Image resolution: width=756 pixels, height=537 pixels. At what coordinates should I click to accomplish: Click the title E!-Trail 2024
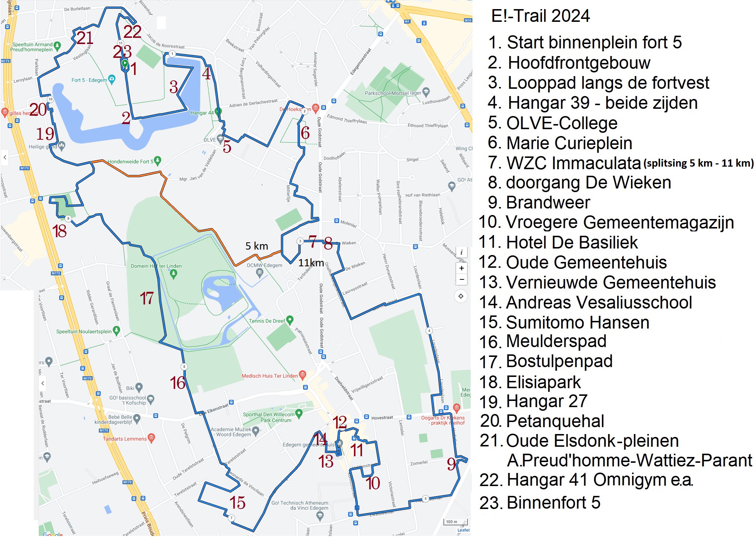tap(540, 16)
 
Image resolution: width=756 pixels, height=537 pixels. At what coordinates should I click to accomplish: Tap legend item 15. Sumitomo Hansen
tap(564, 323)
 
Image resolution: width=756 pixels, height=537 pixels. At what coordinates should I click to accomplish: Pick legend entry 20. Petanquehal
tap(542, 421)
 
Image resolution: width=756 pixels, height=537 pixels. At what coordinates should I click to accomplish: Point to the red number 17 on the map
tap(147, 298)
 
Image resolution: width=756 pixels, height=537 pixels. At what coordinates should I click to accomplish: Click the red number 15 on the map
tap(237, 503)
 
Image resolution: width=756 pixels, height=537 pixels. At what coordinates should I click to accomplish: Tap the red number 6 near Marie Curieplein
tap(305, 133)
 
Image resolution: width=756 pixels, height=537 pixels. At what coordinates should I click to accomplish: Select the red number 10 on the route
tap(373, 483)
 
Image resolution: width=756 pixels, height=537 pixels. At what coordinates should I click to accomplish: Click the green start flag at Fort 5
tap(125, 63)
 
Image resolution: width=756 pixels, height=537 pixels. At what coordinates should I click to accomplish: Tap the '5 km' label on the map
tap(257, 246)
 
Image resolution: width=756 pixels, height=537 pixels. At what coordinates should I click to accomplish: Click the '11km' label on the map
tap(311, 263)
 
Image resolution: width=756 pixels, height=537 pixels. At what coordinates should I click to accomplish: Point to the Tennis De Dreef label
tap(267, 321)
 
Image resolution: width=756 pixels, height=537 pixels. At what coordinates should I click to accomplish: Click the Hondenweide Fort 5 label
tap(130, 162)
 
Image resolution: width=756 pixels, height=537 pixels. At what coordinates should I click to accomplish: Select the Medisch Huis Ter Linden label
tap(270, 376)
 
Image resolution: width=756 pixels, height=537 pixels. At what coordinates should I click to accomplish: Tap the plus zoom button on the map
tap(461, 268)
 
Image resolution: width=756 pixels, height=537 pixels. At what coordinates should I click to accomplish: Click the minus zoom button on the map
tap(461, 279)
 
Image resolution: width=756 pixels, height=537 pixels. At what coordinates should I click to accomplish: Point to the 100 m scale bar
tap(455, 522)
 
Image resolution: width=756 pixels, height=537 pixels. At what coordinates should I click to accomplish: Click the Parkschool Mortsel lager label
tap(393, 93)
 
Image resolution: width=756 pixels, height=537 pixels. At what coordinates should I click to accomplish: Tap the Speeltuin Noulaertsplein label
tap(84, 331)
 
